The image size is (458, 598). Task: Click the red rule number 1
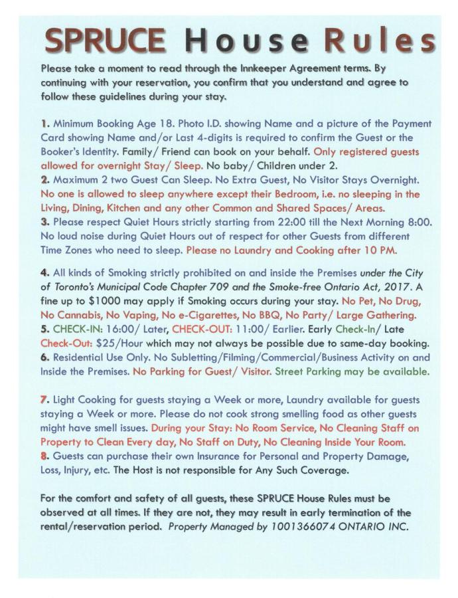click(x=44, y=124)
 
